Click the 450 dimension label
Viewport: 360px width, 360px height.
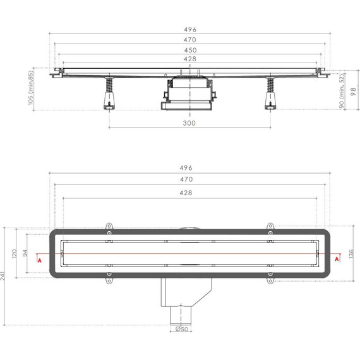click(x=189, y=50)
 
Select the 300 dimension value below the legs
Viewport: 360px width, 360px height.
click(x=189, y=123)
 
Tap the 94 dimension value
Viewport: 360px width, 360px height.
click(x=27, y=253)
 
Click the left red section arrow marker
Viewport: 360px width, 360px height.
click(x=39, y=258)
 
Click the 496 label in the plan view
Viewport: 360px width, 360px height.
click(x=189, y=168)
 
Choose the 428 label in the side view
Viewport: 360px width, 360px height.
click(x=189, y=59)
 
